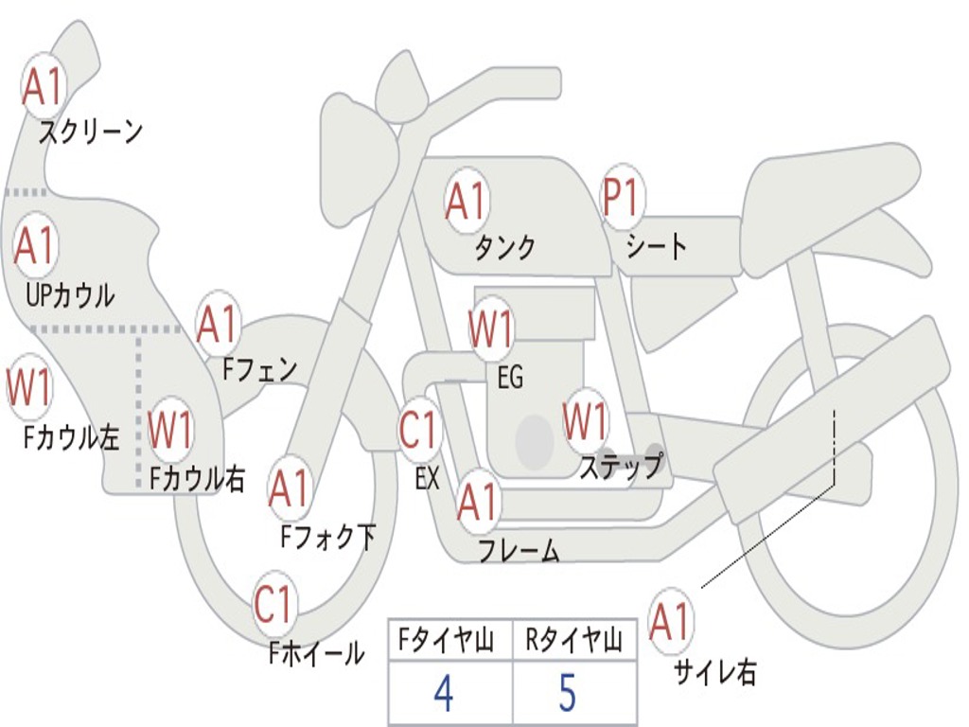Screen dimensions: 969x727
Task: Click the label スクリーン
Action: (x=90, y=132)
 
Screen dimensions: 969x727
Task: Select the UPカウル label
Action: (x=69, y=294)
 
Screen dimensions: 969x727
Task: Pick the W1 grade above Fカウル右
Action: (x=171, y=431)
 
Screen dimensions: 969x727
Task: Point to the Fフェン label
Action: (x=259, y=368)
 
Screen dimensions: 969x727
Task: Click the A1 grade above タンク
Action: (x=466, y=201)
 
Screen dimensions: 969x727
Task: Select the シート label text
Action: (x=656, y=247)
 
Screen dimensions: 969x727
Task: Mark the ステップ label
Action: (x=621, y=468)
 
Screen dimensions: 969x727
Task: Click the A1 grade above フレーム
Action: (x=477, y=503)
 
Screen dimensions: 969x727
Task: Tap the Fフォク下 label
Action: (x=327, y=538)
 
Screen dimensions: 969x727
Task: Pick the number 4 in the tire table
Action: (x=443, y=695)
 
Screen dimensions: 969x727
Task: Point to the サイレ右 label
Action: (x=715, y=673)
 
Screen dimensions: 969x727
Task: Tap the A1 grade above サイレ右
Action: (x=670, y=622)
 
